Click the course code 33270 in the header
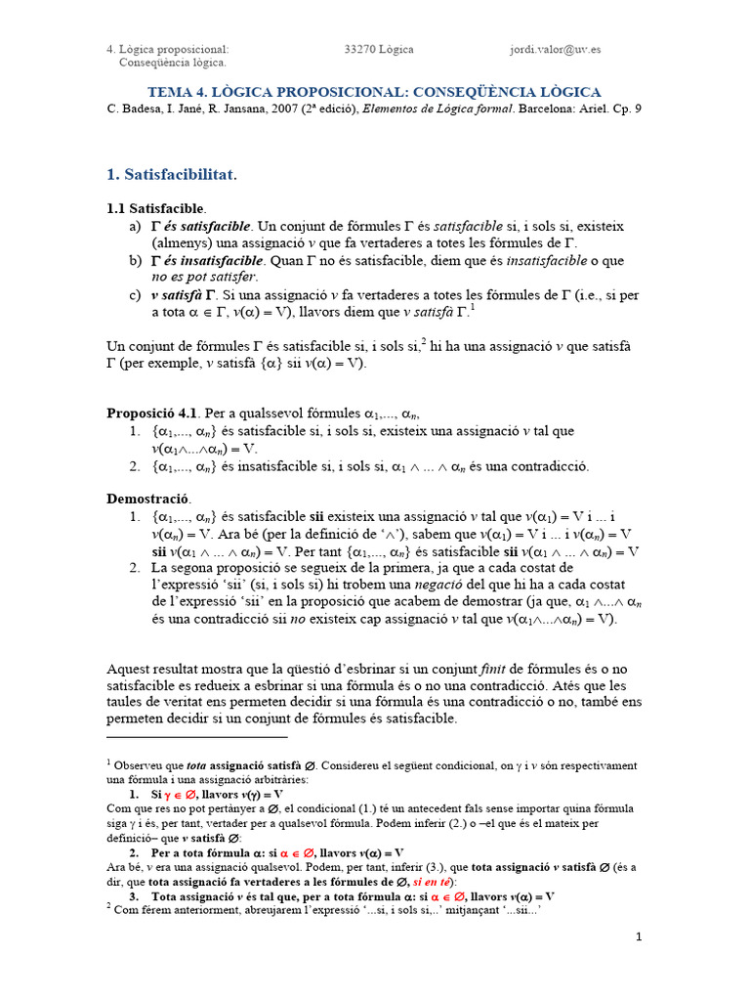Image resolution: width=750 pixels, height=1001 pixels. (x=360, y=49)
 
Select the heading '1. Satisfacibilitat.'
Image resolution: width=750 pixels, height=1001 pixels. (x=172, y=174)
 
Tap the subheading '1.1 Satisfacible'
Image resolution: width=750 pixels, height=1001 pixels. (x=155, y=209)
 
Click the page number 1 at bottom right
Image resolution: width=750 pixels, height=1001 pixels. (x=639, y=936)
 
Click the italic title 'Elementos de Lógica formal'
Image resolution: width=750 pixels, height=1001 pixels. (x=438, y=109)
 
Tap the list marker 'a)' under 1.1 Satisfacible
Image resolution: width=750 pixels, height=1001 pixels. (x=135, y=227)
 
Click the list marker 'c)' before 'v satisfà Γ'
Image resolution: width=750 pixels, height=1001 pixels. (x=135, y=295)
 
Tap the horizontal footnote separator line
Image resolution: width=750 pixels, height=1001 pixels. (x=196, y=737)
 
